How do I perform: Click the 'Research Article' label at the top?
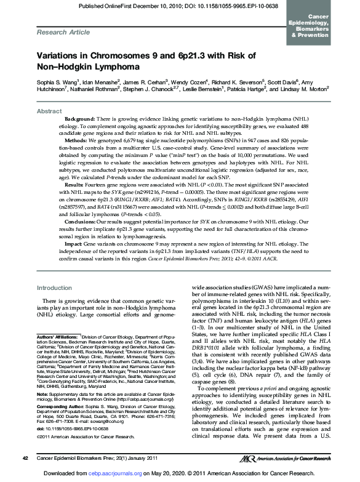(60, 30)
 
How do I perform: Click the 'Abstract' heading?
(49, 111)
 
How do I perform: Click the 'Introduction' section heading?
(55, 287)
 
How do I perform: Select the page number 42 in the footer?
(25, 458)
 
